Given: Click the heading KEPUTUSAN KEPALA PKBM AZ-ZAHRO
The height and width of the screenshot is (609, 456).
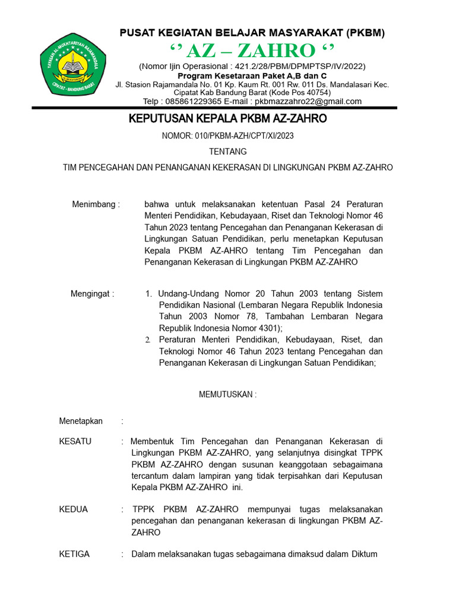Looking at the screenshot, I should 228,119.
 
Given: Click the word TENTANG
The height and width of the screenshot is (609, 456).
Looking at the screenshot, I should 228,152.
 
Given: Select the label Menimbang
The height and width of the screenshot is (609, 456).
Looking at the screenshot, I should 95,205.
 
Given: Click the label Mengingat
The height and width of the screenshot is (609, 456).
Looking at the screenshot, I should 92,294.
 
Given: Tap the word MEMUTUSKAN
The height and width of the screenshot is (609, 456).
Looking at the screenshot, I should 227,394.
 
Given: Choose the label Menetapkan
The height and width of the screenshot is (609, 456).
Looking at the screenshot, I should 81,421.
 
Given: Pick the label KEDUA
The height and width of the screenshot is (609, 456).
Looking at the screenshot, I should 74,509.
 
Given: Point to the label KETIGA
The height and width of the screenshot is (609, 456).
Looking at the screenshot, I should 75,554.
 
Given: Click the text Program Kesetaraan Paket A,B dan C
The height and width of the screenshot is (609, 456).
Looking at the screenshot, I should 252,76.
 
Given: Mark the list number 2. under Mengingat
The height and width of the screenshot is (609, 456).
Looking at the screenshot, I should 148,340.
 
